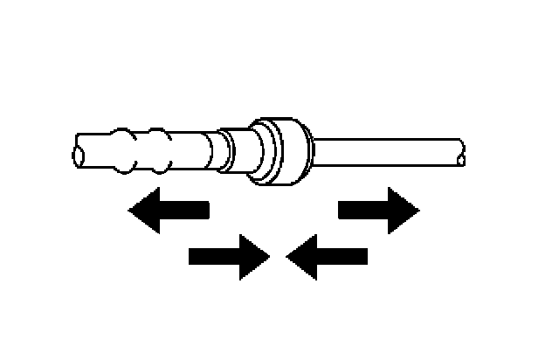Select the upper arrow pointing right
378,210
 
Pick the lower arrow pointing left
327,256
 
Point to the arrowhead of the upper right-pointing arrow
402,210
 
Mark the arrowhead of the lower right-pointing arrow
252,256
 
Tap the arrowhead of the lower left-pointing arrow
301,256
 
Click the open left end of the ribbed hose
79,155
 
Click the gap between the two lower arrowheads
277,256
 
